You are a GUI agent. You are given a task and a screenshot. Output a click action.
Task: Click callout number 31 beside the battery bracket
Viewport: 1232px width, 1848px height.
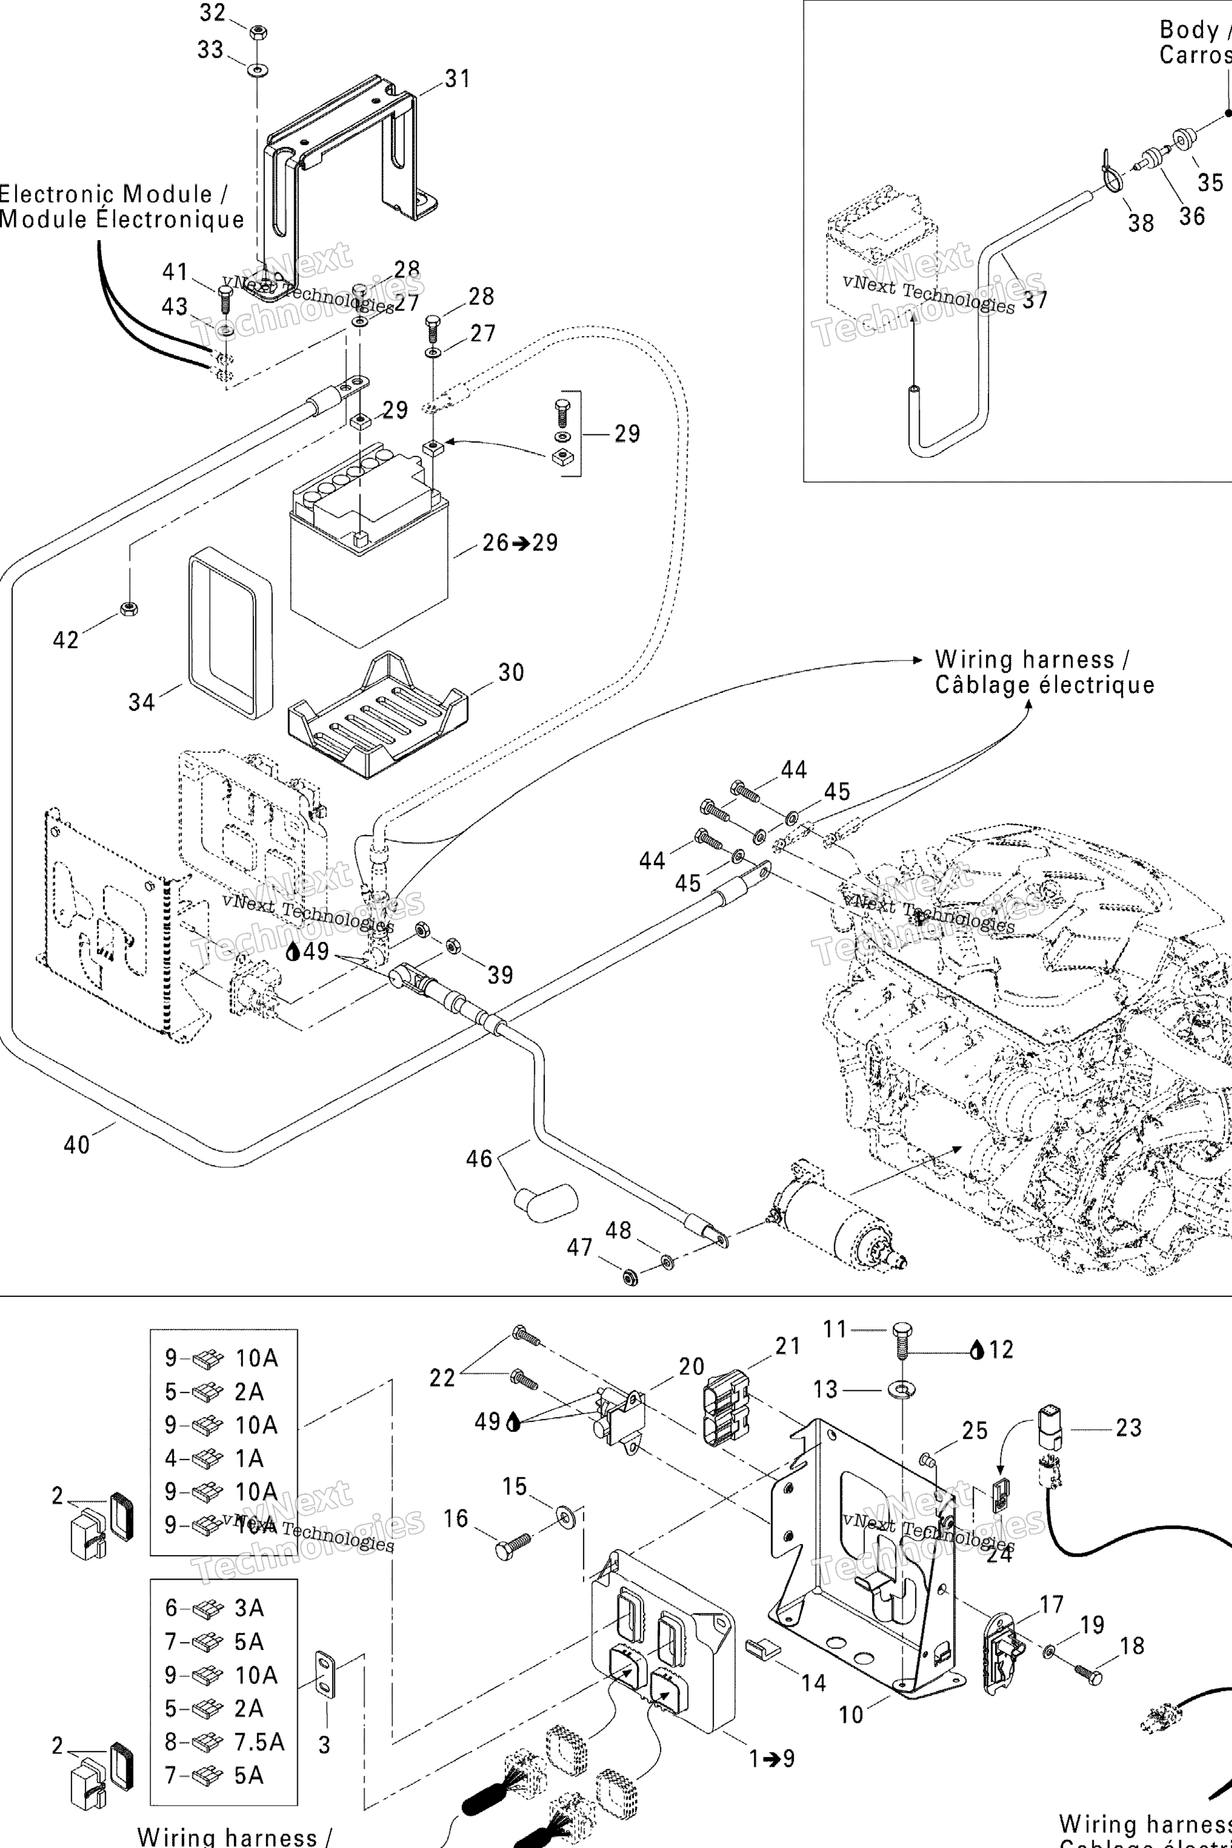pyautogui.click(x=457, y=79)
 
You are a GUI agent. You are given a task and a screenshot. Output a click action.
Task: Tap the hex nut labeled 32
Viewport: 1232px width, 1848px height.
pyautogui.click(x=257, y=32)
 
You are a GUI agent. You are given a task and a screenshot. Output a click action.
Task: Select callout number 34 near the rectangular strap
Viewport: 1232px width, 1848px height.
pyautogui.click(x=141, y=701)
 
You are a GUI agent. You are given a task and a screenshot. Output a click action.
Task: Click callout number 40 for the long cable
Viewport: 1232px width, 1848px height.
pyautogui.click(x=77, y=1145)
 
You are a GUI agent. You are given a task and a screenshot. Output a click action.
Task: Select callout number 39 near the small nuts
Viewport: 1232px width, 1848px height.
pyautogui.click(x=500, y=975)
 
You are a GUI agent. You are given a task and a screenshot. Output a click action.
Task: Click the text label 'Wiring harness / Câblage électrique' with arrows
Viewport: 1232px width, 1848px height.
pyautogui.click(x=1044, y=672)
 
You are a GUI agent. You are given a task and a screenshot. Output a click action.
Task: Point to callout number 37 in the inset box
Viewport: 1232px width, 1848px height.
pyautogui.click(x=1035, y=300)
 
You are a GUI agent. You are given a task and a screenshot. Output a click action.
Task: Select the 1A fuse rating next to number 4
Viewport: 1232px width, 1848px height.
pyautogui.click(x=249, y=1458)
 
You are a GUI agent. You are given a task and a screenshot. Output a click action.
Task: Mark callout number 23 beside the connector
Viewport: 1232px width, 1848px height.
pyautogui.click(x=1129, y=1428)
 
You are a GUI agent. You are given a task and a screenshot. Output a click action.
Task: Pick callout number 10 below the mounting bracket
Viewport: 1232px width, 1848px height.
pyautogui.click(x=851, y=1714)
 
